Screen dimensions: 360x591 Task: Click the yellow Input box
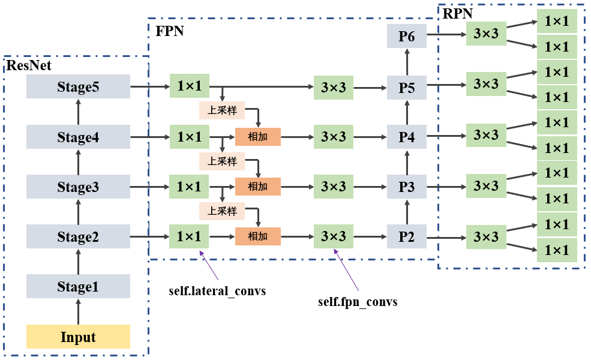pos(78,337)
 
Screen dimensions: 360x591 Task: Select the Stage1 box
pos(78,287)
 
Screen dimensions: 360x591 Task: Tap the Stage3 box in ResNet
pos(78,187)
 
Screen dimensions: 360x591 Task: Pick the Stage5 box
pos(78,87)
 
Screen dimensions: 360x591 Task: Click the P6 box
pos(407,37)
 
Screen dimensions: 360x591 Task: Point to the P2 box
pos(407,237)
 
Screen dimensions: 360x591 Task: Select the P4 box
pos(407,137)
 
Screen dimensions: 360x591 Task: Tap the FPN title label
pos(170,32)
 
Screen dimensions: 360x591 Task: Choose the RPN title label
pos(457,13)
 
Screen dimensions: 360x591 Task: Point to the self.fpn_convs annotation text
pos(358,302)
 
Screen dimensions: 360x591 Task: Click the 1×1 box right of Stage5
pos(189,87)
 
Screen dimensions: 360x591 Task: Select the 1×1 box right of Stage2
pos(189,237)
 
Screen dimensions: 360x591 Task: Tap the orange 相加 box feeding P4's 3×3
pos(258,137)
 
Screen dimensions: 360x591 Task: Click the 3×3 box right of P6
pos(486,34)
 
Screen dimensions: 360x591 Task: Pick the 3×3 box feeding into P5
pos(334,87)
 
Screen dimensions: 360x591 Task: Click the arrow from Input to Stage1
pos(78,311)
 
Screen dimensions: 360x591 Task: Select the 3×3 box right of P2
pos(486,236)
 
